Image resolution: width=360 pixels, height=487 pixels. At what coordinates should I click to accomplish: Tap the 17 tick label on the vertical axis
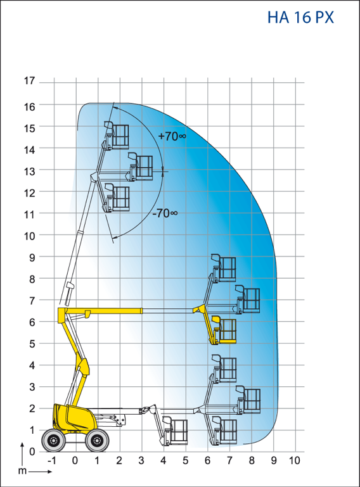pyautogui.click(x=30, y=81)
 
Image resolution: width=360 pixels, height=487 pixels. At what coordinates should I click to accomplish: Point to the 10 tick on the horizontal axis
pyautogui.click(x=294, y=460)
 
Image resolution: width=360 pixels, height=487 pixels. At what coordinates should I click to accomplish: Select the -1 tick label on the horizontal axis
pyautogui.click(x=52, y=460)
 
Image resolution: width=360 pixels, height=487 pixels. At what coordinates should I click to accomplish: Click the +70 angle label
pyautogui.click(x=172, y=136)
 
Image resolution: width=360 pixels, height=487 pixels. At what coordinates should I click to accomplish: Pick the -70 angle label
pyautogui.click(x=165, y=213)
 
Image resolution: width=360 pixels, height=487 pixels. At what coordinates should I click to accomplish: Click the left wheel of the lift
pyautogui.click(x=53, y=440)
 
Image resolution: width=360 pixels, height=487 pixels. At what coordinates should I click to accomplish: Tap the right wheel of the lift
pyautogui.click(x=97, y=440)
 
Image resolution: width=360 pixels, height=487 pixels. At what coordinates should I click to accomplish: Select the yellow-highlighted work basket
pyautogui.click(x=224, y=330)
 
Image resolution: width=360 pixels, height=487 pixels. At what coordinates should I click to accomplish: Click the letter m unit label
pyautogui.click(x=22, y=471)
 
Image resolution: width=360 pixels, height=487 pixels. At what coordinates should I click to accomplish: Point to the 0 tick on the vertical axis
pyautogui.click(x=32, y=452)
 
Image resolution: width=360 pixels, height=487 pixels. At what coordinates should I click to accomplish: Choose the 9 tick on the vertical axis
pyautogui.click(x=32, y=257)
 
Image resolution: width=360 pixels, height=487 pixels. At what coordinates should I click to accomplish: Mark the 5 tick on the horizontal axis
pyautogui.click(x=186, y=460)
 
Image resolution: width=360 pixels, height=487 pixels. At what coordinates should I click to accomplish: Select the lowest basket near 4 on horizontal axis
pyautogui.click(x=175, y=431)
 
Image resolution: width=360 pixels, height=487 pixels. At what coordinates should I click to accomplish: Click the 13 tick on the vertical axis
pyautogui.click(x=30, y=171)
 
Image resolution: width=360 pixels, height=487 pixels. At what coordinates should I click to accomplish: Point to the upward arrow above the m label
pyautogui.click(x=22, y=455)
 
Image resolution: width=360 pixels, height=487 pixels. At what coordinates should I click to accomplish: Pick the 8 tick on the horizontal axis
pyautogui.click(x=252, y=460)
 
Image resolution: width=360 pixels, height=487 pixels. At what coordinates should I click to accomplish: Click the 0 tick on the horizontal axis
pyautogui.click(x=75, y=460)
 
